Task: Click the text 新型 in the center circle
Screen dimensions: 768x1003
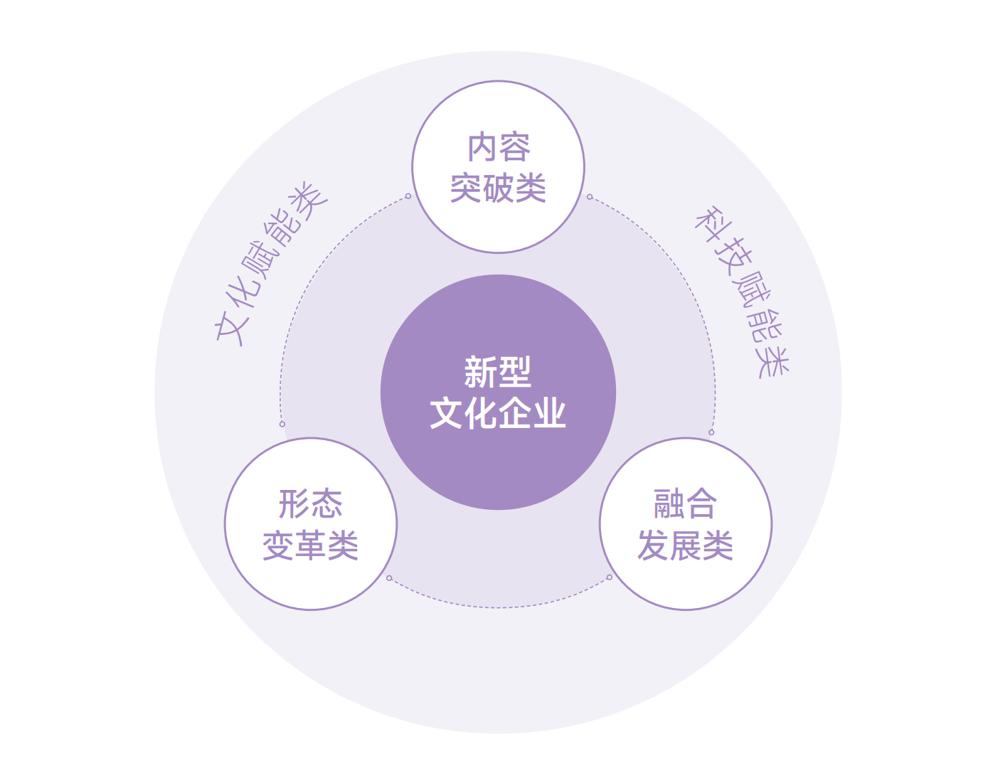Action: coord(498,372)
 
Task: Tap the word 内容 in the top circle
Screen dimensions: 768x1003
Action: coord(499,148)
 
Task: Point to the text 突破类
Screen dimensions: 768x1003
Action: coord(498,188)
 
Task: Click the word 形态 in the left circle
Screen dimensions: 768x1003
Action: coord(311,504)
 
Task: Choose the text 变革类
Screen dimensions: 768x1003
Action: coord(311,545)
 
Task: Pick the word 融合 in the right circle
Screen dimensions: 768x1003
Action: coord(685,504)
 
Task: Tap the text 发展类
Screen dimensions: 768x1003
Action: coord(685,545)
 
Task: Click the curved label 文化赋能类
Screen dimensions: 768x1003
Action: coord(271,263)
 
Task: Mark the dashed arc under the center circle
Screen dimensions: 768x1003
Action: coord(498,607)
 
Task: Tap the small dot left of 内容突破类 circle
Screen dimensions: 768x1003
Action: coord(408,196)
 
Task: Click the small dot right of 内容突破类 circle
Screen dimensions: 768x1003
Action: coord(590,197)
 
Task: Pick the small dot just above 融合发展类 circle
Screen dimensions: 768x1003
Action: coord(711,432)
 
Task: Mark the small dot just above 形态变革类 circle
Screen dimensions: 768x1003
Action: coord(282,424)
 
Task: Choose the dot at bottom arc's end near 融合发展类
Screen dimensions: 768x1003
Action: coord(609,577)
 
